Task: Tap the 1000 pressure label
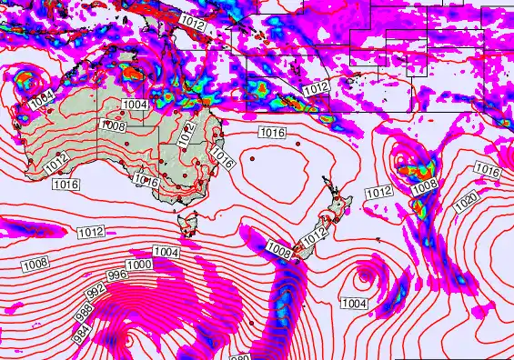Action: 138,265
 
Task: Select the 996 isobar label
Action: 117,275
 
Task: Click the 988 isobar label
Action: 85,309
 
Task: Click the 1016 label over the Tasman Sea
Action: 273,133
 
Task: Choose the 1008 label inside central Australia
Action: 114,126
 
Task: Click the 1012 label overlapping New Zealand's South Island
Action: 313,236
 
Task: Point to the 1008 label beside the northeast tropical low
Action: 424,187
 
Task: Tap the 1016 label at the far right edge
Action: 488,171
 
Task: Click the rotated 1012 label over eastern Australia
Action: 186,135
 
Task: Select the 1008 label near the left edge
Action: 35,264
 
